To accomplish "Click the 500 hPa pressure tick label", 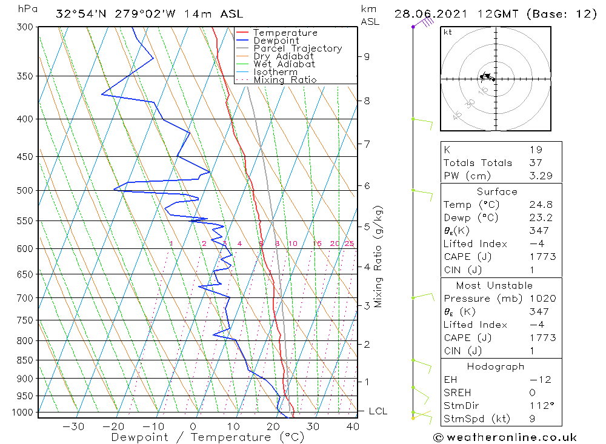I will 25,190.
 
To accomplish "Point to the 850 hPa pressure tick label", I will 25,360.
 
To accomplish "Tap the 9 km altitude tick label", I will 367,56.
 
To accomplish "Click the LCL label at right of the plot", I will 378,411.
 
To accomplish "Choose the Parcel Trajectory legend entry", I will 297,48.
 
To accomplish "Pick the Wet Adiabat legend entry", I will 284,64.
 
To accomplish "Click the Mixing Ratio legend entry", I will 285,80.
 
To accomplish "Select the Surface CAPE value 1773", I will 542,257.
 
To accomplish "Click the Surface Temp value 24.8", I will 541,205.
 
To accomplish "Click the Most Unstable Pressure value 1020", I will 542,299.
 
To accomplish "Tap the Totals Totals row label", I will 478,162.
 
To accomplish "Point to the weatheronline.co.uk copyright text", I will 505,437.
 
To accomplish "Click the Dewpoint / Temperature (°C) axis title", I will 208,437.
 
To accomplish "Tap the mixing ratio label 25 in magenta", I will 349,244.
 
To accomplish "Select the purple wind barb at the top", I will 424,23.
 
